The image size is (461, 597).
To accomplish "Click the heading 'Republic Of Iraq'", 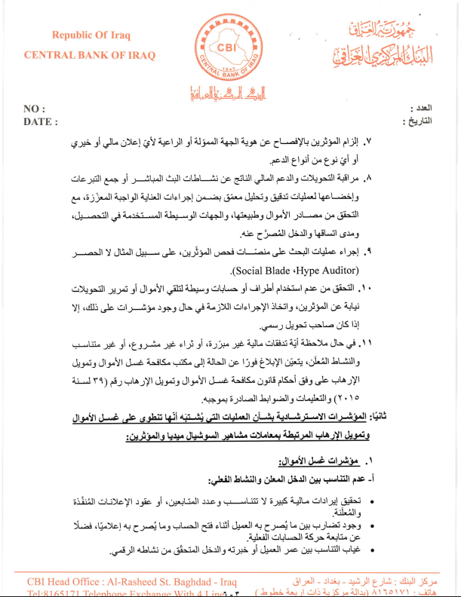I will tap(91, 35).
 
